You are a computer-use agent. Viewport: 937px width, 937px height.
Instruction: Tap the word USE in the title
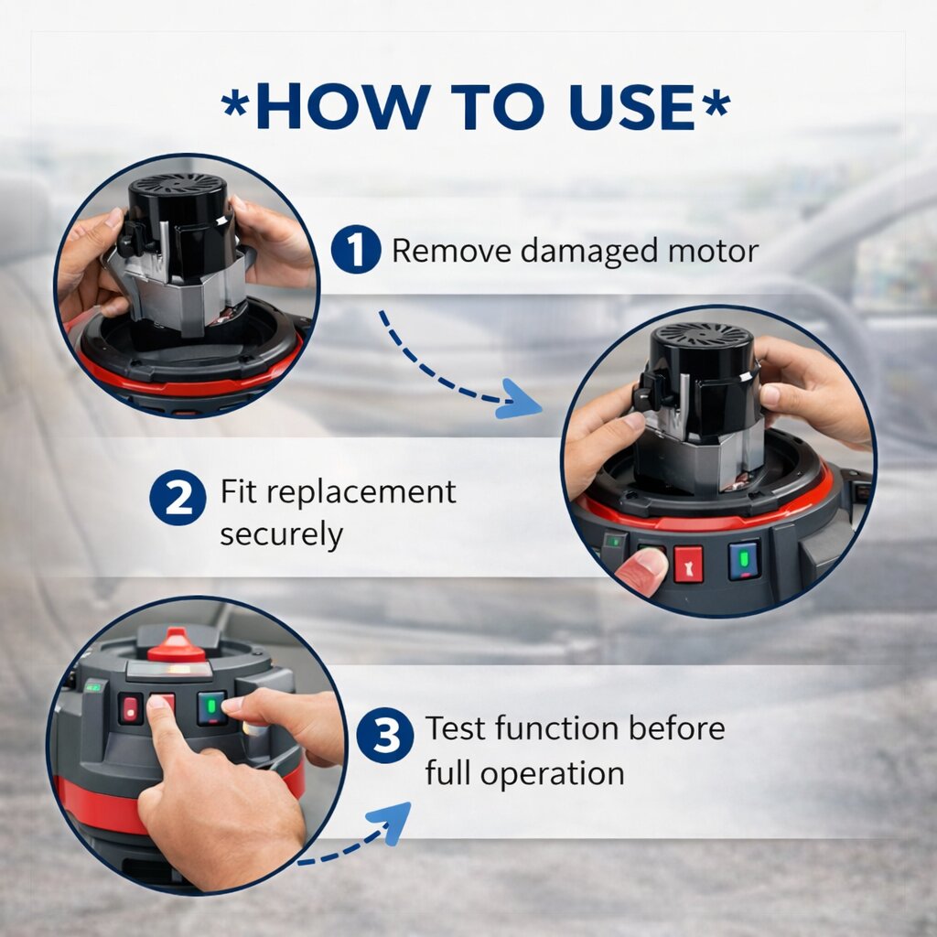tap(631, 106)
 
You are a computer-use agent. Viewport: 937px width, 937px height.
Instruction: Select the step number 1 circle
tap(356, 249)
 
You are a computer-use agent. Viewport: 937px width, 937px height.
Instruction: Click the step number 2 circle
tap(178, 497)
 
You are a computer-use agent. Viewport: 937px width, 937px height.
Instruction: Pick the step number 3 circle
tap(385, 735)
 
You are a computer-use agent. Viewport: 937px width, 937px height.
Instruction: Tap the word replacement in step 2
tap(361, 494)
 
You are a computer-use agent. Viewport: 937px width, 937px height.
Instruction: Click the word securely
tap(282, 533)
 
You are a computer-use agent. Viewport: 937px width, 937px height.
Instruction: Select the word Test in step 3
tap(456, 728)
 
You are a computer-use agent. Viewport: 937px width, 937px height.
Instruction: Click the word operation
tap(552, 775)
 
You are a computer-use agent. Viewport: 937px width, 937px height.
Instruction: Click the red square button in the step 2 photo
tap(688, 564)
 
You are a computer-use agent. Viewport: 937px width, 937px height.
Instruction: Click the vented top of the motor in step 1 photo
tap(178, 187)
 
